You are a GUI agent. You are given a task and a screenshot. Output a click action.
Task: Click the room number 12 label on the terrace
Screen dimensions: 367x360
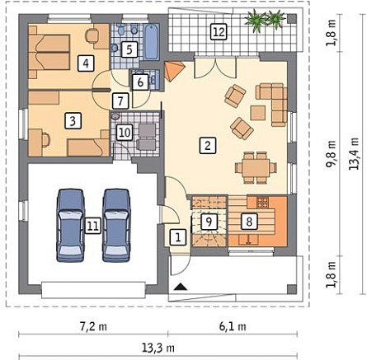[219, 32]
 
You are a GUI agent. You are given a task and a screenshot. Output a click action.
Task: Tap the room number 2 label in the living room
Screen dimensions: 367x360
[208, 146]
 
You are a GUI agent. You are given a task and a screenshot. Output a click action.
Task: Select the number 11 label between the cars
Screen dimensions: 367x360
[92, 226]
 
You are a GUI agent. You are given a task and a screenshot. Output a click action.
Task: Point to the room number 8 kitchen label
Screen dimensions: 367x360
[249, 222]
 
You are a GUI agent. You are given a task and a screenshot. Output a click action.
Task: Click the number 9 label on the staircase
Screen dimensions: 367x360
[209, 222]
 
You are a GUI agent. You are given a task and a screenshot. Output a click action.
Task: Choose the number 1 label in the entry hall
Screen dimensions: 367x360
[178, 237]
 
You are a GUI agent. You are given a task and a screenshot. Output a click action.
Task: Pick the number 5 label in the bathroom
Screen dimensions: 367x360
[129, 49]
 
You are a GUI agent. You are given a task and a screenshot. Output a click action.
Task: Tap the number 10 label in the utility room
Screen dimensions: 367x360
[125, 133]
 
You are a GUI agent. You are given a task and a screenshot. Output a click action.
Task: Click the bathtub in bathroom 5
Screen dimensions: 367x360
[152, 42]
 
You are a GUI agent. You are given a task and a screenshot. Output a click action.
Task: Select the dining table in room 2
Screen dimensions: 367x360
[256, 168]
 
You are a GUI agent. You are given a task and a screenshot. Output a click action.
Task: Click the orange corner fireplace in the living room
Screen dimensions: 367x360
[173, 71]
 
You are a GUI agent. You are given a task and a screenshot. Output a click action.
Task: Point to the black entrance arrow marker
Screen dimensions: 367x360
[181, 288]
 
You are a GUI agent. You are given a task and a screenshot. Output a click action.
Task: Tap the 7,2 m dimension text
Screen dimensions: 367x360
[93, 327]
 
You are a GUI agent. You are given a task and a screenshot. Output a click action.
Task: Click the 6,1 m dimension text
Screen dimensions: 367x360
[233, 327]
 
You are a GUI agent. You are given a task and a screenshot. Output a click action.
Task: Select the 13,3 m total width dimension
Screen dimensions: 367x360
[158, 348]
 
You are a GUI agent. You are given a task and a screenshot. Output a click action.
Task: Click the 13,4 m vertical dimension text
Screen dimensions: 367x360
[354, 153]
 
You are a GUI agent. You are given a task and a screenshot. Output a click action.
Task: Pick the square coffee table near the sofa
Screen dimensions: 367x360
[258, 113]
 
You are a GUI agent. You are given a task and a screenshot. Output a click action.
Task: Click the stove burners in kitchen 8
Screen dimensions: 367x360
[262, 203]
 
